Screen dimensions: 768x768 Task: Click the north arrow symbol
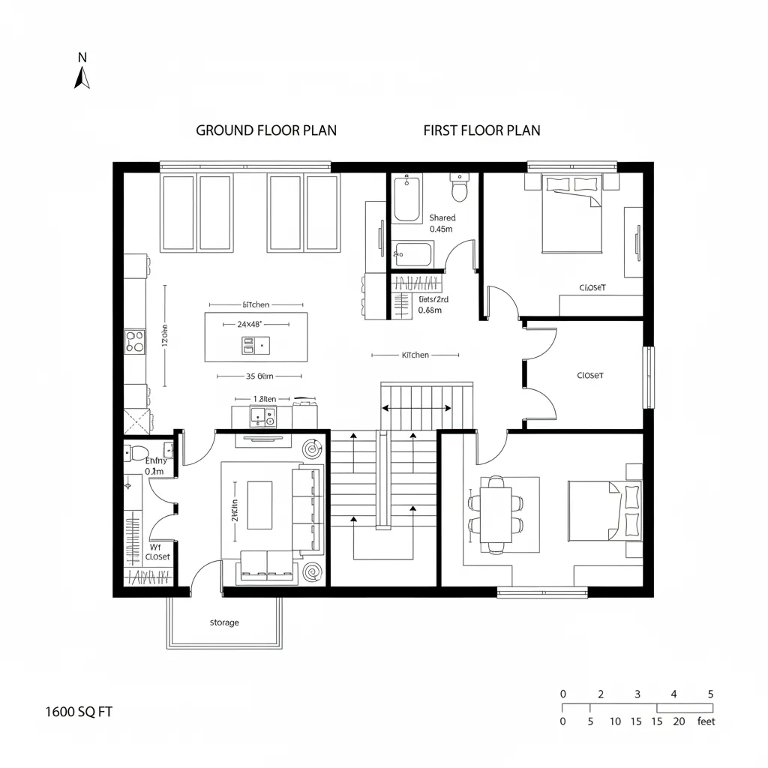[82, 76]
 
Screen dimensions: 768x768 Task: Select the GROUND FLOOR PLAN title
[266, 130]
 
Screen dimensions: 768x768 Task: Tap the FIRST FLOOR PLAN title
[481, 130]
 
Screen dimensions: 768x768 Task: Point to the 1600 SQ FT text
[79, 712]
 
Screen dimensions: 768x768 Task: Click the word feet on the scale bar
[706, 721]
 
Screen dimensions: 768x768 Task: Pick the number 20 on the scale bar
[679, 721]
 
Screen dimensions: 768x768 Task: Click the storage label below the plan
[224, 622]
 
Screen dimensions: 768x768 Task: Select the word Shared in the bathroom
[442, 218]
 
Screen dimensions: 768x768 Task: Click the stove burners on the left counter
[135, 341]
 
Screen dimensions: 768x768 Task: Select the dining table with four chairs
[496, 514]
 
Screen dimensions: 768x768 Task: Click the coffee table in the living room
[260, 505]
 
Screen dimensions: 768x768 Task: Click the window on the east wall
[648, 376]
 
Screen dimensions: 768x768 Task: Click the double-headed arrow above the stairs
[417, 409]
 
